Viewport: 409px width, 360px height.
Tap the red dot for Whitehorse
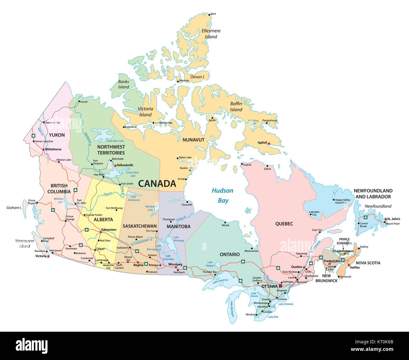click(43, 149)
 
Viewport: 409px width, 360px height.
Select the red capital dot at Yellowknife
click(115, 165)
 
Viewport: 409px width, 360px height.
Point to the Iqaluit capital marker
click(268, 143)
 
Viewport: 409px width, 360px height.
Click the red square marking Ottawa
click(280, 286)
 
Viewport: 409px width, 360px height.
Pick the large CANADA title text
click(157, 183)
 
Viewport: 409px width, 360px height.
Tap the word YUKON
click(57, 135)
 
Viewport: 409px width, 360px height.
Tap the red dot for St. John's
click(386, 219)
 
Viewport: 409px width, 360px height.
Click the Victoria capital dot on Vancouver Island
click(48, 256)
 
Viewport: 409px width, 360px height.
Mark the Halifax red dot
click(349, 265)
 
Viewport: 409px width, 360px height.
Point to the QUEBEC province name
click(284, 224)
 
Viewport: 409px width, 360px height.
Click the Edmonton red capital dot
click(100, 232)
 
